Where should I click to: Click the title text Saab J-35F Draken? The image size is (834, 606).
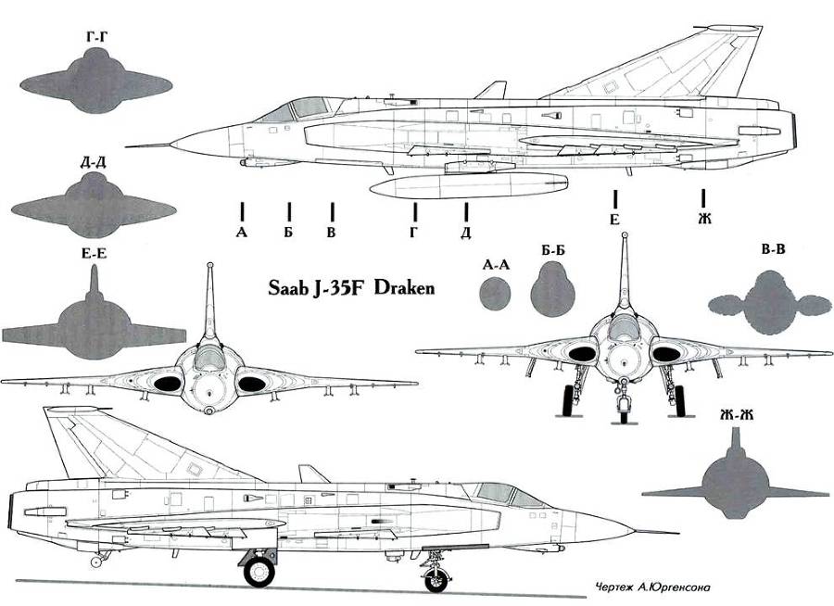point(350,288)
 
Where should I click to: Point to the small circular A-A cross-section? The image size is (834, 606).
point(496,294)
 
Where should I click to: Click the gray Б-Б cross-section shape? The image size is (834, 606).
point(553,290)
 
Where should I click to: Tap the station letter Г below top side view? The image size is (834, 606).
point(413,232)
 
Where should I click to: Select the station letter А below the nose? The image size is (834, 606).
point(242,232)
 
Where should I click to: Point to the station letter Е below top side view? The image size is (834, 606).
point(614,220)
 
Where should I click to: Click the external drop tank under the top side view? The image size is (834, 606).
point(468,185)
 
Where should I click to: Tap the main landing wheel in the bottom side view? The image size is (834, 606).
point(259,570)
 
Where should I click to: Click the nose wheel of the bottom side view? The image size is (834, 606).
point(436,580)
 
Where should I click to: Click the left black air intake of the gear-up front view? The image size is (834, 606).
point(168,382)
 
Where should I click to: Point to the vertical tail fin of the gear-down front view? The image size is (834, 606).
point(622,269)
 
